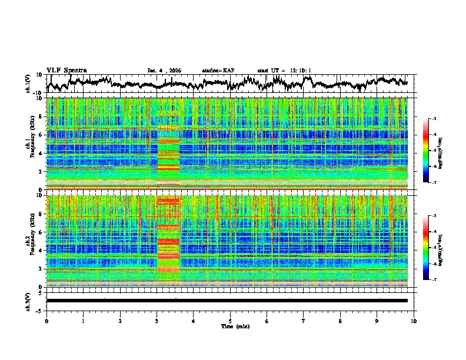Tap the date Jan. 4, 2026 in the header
click(x=164, y=71)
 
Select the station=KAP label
click(x=218, y=71)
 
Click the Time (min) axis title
click(x=234, y=326)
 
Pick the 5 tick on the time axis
click(x=230, y=321)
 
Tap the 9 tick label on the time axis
click(x=377, y=321)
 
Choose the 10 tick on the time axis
click(x=414, y=321)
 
